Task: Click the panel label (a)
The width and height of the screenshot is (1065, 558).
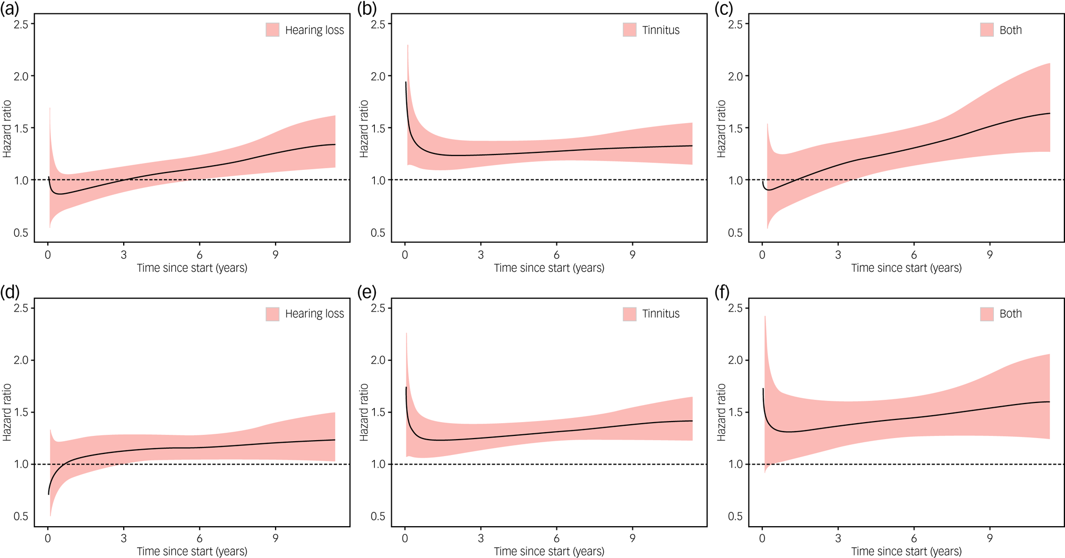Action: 10,8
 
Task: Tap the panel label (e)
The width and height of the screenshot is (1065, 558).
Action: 367,292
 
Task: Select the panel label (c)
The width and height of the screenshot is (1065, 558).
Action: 724,8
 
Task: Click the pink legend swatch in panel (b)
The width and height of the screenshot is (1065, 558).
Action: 630,30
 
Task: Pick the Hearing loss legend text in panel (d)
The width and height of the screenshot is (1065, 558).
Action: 314,314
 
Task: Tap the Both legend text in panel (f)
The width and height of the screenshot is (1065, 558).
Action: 1010,314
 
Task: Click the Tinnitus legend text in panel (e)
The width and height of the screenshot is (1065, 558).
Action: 660,314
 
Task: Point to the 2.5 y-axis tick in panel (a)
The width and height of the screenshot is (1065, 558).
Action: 21,24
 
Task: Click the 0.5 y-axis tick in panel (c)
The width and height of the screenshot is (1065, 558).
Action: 735,233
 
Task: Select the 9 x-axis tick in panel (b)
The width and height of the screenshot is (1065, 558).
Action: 632,255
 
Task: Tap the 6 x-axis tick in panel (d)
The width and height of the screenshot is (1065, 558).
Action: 200,538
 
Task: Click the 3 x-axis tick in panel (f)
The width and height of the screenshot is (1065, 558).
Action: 838,538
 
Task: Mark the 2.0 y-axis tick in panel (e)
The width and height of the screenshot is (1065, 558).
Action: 378,360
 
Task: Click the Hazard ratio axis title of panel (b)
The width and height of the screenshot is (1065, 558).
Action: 364,128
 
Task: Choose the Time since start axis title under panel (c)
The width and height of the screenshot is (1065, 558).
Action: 906,268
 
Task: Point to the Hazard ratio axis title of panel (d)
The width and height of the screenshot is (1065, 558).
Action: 7,412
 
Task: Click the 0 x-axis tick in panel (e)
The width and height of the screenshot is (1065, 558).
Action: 405,538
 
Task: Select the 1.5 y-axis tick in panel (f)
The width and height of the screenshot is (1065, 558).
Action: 735,413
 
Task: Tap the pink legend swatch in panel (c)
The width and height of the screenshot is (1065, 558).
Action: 987,30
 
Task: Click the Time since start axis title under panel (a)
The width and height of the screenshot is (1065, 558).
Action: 192,268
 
